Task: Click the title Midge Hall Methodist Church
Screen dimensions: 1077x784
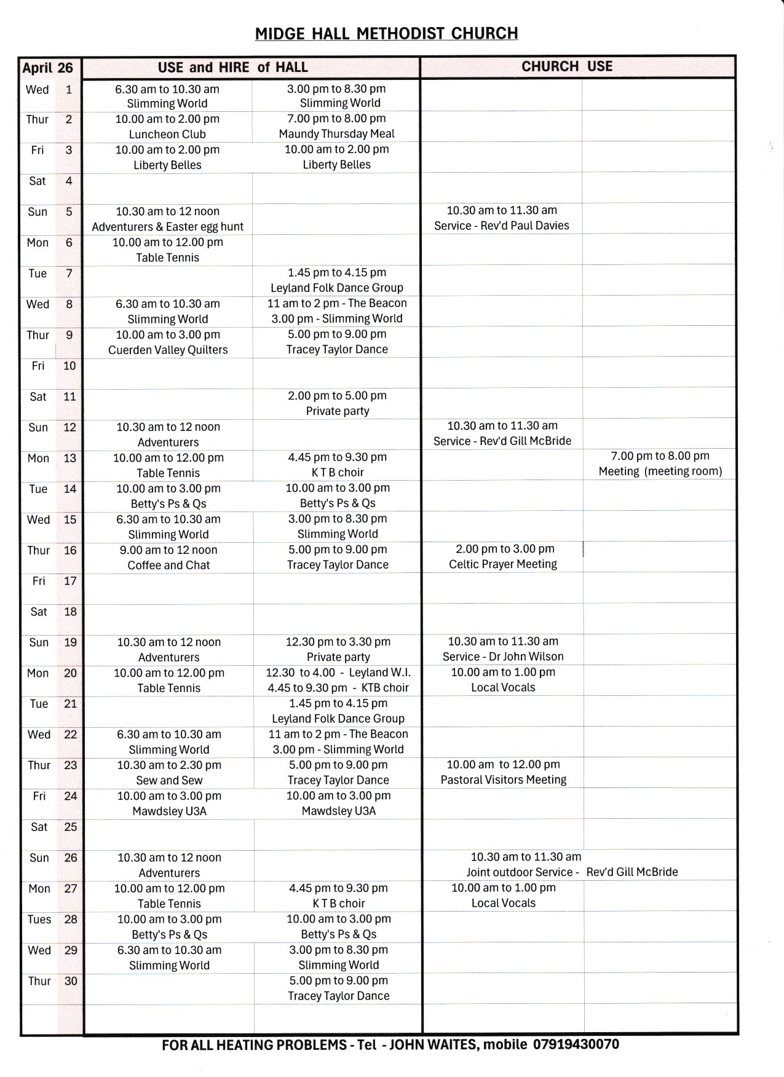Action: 386,33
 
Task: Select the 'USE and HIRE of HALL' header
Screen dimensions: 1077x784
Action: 232,68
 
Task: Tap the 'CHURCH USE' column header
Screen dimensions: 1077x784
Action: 566,66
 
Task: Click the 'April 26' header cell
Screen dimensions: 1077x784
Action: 48,68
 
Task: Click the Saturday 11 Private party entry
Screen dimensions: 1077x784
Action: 337,403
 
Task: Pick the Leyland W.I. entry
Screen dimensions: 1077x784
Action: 338,673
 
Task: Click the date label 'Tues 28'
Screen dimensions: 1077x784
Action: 52,920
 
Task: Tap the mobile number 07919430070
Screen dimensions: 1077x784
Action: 576,1044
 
